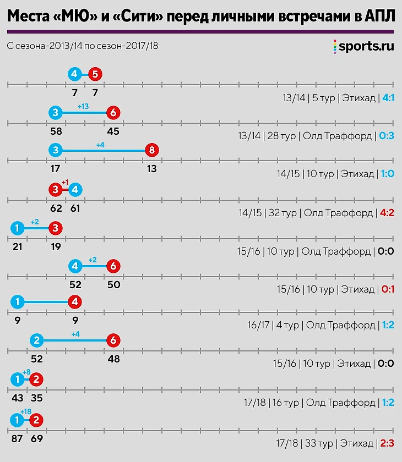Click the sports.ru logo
click(x=363, y=47)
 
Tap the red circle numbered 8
click(x=151, y=150)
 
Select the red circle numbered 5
click(x=95, y=74)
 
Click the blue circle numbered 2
click(x=37, y=340)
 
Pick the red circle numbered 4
click(x=75, y=302)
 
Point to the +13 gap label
click(x=83, y=106)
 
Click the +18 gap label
click(x=26, y=412)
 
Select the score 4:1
click(x=388, y=98)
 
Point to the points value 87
click(x=17, y=439)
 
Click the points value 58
click(x=56, y=131)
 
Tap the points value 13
click(x=151, y=169)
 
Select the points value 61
click(x=76, y=208)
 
